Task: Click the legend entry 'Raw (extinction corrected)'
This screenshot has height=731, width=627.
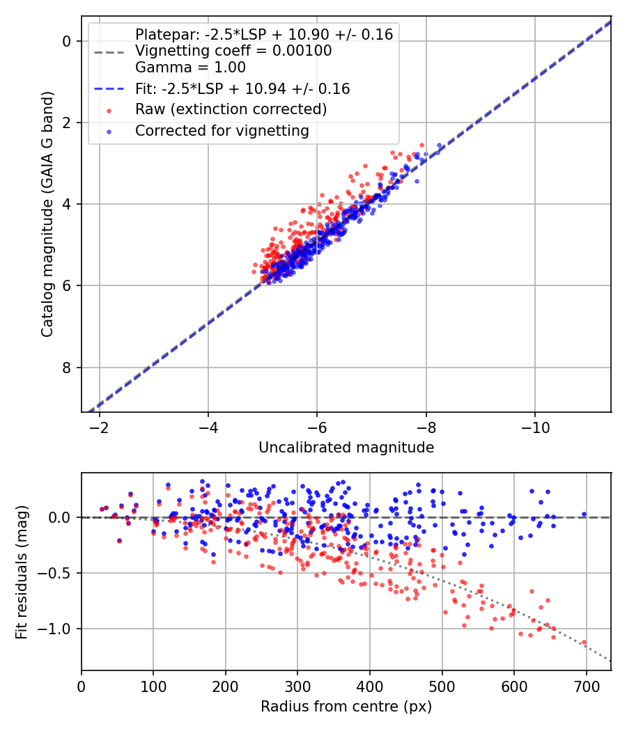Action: point(231,109)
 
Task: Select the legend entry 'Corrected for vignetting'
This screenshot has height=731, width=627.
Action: point(222,130)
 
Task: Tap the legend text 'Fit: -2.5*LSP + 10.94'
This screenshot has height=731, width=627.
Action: point(242,89)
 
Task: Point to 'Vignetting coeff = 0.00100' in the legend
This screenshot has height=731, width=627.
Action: point(233,51)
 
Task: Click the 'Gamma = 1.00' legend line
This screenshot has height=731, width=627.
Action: point(190,68)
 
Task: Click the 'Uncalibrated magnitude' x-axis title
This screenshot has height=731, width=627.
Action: point(346,448)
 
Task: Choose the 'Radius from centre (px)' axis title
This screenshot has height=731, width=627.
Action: point(346,707)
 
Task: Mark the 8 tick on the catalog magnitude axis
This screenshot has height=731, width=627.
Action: point(67,368)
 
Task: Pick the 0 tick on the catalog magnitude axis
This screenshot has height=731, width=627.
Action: point(67,41)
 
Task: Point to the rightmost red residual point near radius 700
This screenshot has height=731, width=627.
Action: point(584,643)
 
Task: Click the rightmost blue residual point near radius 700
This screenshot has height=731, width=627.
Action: point(584,514)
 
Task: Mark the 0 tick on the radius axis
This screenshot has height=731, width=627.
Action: point(82,686)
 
